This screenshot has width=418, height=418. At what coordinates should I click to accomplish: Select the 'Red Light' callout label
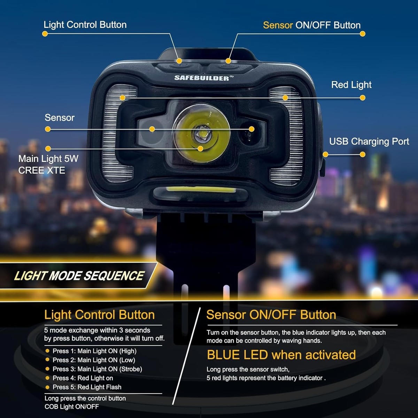tap(351, 85)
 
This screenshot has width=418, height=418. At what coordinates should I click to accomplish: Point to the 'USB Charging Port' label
tap(369, 141)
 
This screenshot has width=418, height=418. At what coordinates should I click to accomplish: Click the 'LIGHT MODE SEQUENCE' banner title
tap(79, 276)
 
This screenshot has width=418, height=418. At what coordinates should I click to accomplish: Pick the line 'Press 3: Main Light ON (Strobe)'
tap(97, 369)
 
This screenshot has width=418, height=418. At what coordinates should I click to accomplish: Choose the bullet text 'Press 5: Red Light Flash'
tap(87, 387)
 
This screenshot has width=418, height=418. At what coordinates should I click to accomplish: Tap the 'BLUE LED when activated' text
tap(281, 355)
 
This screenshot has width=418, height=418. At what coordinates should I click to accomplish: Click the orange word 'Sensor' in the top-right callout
tap(278, 25)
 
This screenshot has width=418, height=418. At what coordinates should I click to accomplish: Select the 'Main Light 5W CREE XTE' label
tap(48, 164)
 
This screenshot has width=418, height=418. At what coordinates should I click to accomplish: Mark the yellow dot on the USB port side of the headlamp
tap(325, 154)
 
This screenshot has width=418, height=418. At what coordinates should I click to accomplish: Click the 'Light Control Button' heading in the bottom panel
tap(99, 315)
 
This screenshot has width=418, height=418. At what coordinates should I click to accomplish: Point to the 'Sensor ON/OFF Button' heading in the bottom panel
tap(271, 315)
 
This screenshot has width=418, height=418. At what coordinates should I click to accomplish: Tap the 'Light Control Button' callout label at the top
tap(85, 25)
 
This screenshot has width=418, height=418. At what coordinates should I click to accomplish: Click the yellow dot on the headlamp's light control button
tap(179, 61)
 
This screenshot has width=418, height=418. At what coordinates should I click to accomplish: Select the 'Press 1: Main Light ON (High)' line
tap(94, 351)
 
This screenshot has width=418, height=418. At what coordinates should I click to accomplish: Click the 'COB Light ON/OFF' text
tap(72, 407)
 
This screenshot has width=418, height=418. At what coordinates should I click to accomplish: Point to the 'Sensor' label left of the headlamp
tap(60, 118)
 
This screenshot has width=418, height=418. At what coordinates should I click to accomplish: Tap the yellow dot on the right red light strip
tap(285, 98)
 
